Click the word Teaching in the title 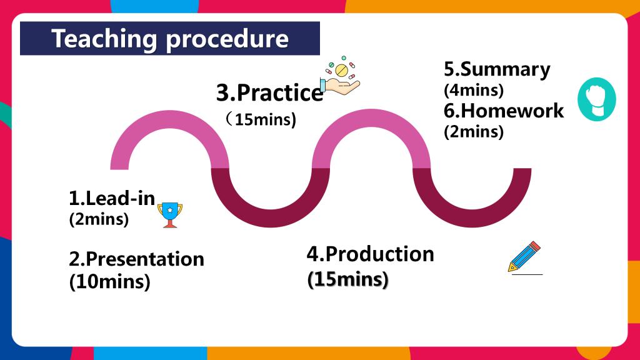click(x=104, y=39)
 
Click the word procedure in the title click(x=227, y=39)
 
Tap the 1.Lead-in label click(x=112, y=198)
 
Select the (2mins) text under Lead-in click(x=99, y=219)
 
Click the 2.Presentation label click(x=136, y=259)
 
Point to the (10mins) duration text click(x=109, y=282)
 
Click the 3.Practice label click(x=270, y=92)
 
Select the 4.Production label click(x=370, y=254)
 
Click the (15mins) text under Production click(x=347, y=279)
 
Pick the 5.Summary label click(x=497, y=70)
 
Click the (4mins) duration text click(x=474, y=90)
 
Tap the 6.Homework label click(x=504, y=111)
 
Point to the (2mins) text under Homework click(x=474, y=132)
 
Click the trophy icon click(x=170, y=215)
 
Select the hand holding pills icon click(x=341, y=76)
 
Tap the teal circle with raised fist click(x=596, y=99)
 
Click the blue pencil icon click(x=524, y=257)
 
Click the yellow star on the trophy click(x=170, y=210)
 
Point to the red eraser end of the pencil click(x=535, y=246)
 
